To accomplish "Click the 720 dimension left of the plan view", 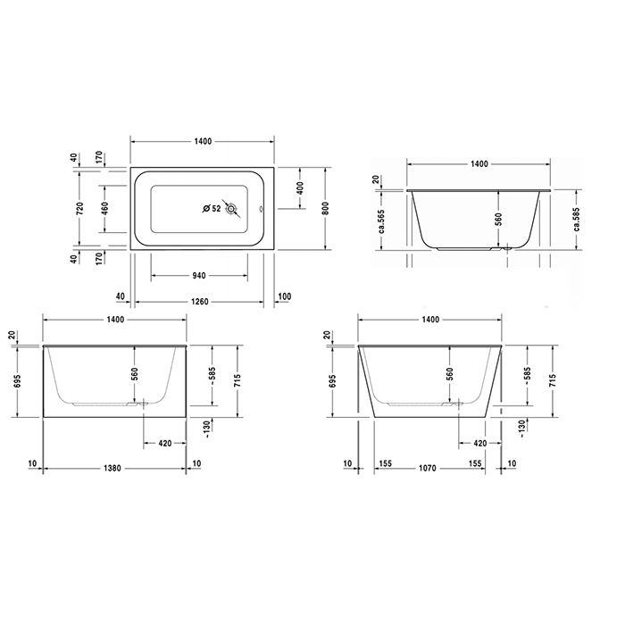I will point(80,209).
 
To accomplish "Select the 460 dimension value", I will point(105,209).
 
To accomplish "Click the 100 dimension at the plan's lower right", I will point(285,296).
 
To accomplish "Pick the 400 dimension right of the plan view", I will point(301,188).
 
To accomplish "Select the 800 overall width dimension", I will point(326,208).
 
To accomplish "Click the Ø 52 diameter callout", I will point(212,209).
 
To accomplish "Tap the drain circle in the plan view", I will point(233,210).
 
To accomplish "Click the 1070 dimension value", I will point(433,466).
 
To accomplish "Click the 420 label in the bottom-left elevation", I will point(166,443).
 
